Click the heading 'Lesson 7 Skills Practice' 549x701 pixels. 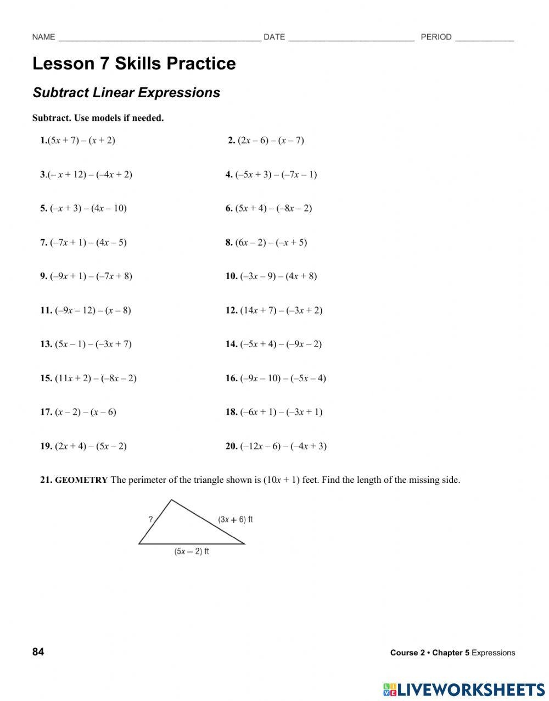134,64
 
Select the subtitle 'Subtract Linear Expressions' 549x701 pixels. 126,93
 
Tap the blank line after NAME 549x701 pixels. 159,38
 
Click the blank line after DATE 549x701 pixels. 351,38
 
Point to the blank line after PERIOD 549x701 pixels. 484,38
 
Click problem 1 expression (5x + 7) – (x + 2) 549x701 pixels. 81,140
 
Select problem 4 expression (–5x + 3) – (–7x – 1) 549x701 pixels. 276,175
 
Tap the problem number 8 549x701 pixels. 229,242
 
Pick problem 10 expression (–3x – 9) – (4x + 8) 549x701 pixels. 278,276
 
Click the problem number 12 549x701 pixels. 231,310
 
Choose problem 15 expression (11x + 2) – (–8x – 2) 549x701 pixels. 96,378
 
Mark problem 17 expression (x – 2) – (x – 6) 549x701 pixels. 86,412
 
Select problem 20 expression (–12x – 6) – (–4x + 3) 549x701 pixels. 283,446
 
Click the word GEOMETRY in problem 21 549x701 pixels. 81,480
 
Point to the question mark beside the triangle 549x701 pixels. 150,519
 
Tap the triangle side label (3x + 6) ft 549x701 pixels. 235,519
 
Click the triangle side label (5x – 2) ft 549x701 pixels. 192,551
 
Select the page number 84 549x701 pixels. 38,652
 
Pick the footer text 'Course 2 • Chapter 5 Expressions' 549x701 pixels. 452,653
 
